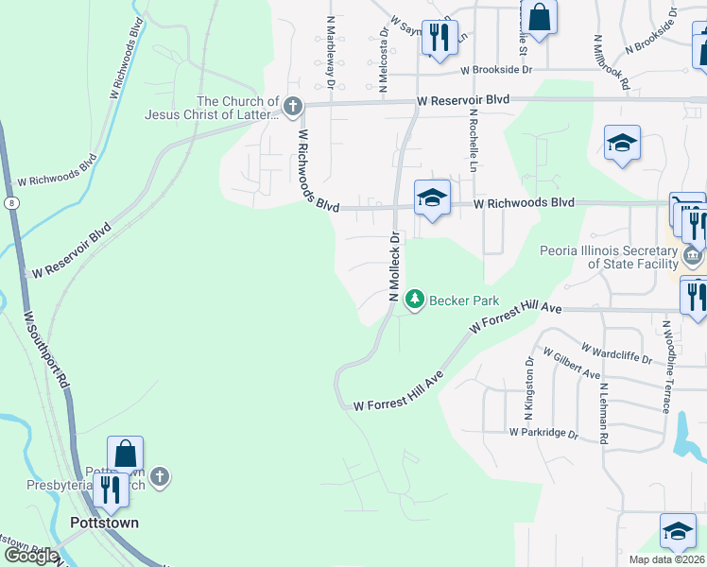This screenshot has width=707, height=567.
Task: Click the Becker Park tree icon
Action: tap(414, 300)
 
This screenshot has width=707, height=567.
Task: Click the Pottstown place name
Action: tap(104, 523)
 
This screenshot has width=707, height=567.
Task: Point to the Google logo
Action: tap(30, 556)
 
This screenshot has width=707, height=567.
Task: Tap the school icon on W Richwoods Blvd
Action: tap(432, 197)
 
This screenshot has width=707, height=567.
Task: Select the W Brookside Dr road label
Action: tap(497, 70)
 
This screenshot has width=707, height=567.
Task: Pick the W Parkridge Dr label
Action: tap(543, 433)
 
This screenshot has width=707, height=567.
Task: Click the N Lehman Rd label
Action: tap(601, 402)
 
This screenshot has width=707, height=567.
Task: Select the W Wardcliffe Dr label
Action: tap(617, 353)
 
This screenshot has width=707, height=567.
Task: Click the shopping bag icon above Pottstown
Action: tap(125, 454)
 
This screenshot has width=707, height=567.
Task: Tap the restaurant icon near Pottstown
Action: tap(112, 489)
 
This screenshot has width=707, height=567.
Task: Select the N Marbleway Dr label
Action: tap(332, 53)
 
